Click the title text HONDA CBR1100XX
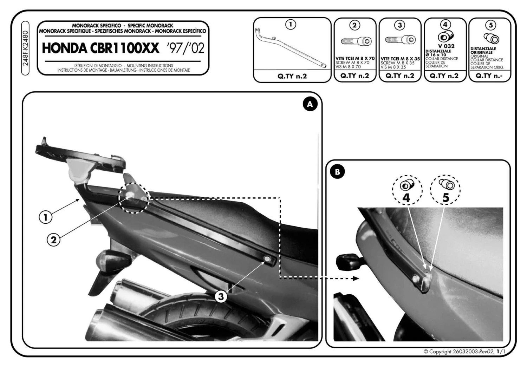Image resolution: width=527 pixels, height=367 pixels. (100, 48)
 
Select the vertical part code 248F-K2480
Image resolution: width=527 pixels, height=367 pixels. (25, 48)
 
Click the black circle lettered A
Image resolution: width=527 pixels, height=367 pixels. (310, 104)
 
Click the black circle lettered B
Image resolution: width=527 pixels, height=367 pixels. (337, 172)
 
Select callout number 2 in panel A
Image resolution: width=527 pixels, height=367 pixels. (54, 240)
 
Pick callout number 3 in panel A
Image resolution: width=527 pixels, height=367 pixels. (221, 297)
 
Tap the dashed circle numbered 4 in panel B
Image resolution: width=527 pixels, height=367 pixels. (407, 190)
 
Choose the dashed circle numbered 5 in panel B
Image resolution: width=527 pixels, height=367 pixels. (445, 190)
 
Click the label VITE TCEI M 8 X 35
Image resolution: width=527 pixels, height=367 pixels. (400, 59)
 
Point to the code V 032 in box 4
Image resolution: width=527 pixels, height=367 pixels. (446, 46)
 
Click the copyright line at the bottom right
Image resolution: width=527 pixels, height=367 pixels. (464, 352)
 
